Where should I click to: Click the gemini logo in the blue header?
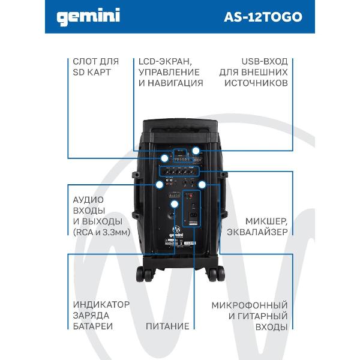tap(88, 17)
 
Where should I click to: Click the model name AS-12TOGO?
tap(263, 17)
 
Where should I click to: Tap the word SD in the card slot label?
tap(79, 73)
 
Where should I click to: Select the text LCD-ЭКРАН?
tap(165, 62)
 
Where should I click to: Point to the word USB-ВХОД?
tap(265, 62)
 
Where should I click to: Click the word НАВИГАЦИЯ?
tap(176, 83)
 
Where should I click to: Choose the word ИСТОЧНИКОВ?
tap(256, 83)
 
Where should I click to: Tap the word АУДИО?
tap(88, 200)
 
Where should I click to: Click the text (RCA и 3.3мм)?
tap(101, 233)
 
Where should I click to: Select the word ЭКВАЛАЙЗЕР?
tap(257, 232)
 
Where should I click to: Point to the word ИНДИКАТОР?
tap(101, 305)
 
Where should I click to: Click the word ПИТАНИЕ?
tap(167, 326)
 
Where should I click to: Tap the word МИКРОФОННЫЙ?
tap(250, 305)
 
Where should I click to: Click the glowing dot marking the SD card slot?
tap(164, 158)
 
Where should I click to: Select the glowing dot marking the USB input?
tap(196, 151)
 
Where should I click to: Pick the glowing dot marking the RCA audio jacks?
tap(160, 185)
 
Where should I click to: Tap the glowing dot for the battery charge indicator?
tap(175, 204)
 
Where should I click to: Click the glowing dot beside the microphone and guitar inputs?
tap(202, 185)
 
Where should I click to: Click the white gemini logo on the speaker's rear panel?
tap(176, 232)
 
